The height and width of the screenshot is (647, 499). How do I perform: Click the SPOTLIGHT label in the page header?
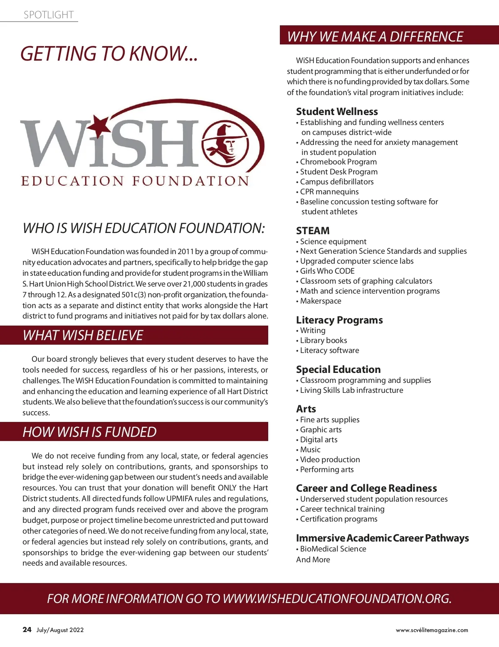pos(49,15)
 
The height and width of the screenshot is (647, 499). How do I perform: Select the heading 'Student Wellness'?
pos(337,111)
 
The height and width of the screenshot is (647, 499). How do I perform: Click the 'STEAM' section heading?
pos(313,230)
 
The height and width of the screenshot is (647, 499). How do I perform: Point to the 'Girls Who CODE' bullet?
pos(327,271)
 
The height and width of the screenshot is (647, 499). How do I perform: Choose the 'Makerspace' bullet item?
pos(321,301)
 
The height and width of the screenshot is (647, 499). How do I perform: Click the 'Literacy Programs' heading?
pos(339,320)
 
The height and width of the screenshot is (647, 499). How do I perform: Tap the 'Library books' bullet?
pos(324,341)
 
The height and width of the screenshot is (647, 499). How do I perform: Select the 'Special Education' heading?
pos(338,370)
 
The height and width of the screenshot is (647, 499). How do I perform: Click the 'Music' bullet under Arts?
pos(310,450)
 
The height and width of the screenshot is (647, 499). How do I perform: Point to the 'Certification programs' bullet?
pos(338,519)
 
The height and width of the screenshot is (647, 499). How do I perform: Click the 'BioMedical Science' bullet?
pos(333,549)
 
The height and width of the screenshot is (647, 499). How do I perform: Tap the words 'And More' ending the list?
pos(313,560)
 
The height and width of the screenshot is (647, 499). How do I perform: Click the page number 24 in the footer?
pos(27,630)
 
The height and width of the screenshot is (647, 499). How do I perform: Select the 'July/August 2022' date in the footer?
pos(60,630)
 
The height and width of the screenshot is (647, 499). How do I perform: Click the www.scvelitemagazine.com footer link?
pos(432,630)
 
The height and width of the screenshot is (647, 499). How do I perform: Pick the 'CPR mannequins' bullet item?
pos(329,192)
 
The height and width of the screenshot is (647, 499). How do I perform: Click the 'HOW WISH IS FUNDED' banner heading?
pos(89,432)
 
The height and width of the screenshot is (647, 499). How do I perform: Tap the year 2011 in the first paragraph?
pos(186,252)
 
